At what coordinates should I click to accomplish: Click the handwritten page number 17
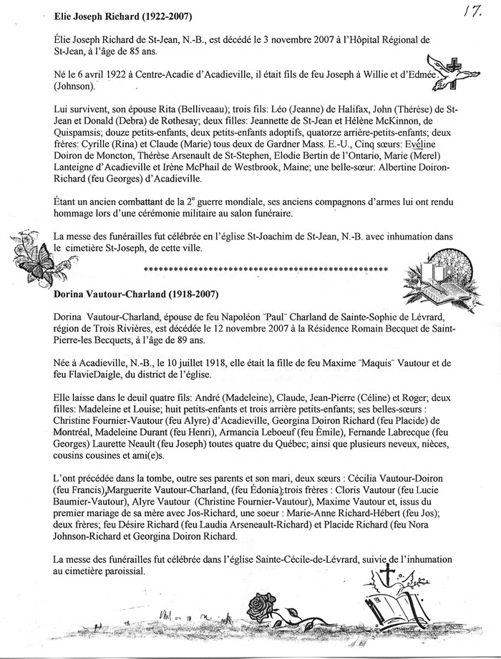tap(480, 13)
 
